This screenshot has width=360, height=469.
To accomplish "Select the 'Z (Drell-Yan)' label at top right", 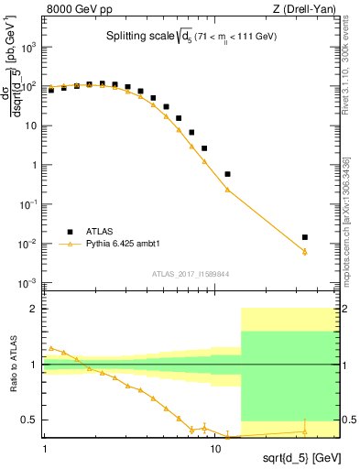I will click(x=303, y=9).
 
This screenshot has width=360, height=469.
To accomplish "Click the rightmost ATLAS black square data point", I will click(x=305, y=237).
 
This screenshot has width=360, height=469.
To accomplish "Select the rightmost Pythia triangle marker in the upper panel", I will click(x=305, y=252).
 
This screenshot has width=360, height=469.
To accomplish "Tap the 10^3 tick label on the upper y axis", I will click(x=27, y=47).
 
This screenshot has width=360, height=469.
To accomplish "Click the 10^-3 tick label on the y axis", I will click(x=27, y=283).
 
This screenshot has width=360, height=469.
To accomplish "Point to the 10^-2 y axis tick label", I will click(x=27, y=244).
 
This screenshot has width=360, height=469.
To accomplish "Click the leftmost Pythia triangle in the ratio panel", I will click(x=51, y=348).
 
